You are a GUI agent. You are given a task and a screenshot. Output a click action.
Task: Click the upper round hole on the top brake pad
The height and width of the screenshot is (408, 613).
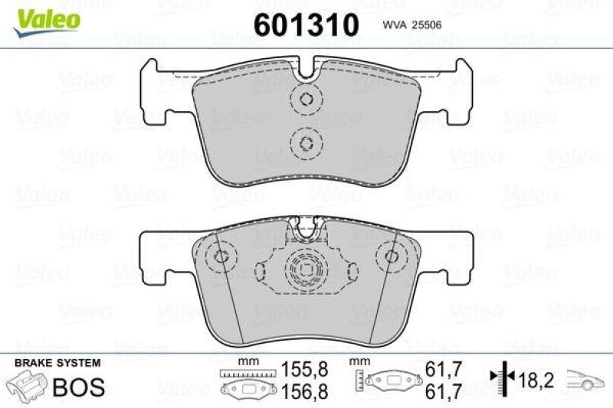click(x=306, y=100)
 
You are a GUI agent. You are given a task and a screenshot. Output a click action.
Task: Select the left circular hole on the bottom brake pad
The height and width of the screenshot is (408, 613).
click(x=221, y=257)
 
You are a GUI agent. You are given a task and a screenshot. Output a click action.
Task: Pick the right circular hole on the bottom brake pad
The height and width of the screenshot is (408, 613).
click(x=392, y=257)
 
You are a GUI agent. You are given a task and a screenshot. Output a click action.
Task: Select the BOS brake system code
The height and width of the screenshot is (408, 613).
click(x=78, y=387)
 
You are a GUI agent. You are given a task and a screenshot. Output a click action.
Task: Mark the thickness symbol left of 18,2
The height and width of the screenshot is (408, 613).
click(x=500, y=377)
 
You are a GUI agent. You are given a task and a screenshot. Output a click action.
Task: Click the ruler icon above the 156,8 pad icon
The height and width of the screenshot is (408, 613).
click(x=241, y=373)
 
